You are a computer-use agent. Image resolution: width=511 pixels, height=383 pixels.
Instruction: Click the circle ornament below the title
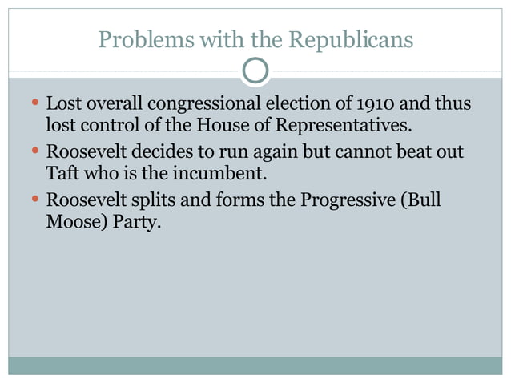255,72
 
